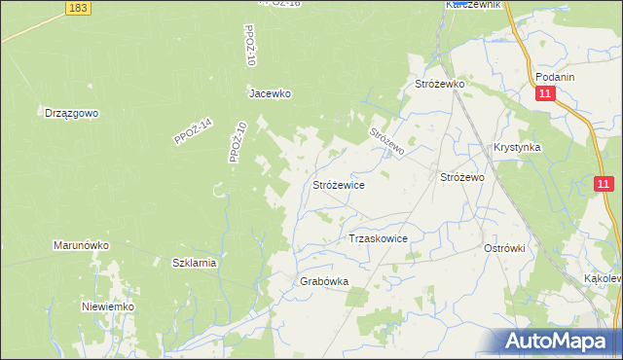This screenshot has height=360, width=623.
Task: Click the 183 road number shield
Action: point(81,8)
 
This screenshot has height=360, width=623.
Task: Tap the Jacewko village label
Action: point(270,94)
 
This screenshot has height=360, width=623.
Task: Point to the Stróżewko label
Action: point(441,85)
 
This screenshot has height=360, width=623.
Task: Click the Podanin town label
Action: point(555,78)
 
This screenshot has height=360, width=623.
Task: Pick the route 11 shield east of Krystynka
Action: point(605,184)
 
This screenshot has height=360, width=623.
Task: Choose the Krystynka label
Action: point(517,147)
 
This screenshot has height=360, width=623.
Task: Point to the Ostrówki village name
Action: point(504,248)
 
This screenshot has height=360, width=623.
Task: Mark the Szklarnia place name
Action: point(194,263)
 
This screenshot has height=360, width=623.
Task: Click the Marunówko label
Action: point(81,246)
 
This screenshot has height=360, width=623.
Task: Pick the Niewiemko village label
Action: point(107,306)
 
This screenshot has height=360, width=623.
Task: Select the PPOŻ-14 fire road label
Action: point(192,129)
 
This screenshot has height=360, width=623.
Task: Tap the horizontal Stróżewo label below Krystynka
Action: point(462,178)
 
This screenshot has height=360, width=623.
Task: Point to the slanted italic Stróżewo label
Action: point(386,142)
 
